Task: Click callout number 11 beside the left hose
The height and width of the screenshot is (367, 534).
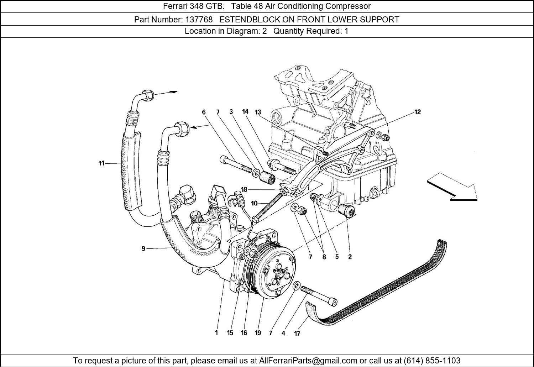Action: tap(101, 163)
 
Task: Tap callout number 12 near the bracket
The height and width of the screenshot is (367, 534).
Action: tap(417, 112)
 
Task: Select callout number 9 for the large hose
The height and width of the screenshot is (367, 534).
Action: tap(143, 248)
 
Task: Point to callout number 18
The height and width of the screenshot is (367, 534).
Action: tap(244, 190)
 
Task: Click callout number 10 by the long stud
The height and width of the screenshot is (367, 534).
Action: tap(254, 203)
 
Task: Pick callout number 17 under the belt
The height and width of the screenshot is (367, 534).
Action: tap(297, 334)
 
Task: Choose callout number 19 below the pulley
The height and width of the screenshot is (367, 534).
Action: tap(258, 333)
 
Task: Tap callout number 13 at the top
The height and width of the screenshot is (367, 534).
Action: tap(258, 112)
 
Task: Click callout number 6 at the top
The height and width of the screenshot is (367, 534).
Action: tap(204, 112)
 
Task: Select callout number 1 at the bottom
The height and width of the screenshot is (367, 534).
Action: tap(216, 332)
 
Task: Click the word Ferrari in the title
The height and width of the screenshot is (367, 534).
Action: tap(175, 6)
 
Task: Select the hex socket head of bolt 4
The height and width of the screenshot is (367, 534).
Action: tap(333, 302)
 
